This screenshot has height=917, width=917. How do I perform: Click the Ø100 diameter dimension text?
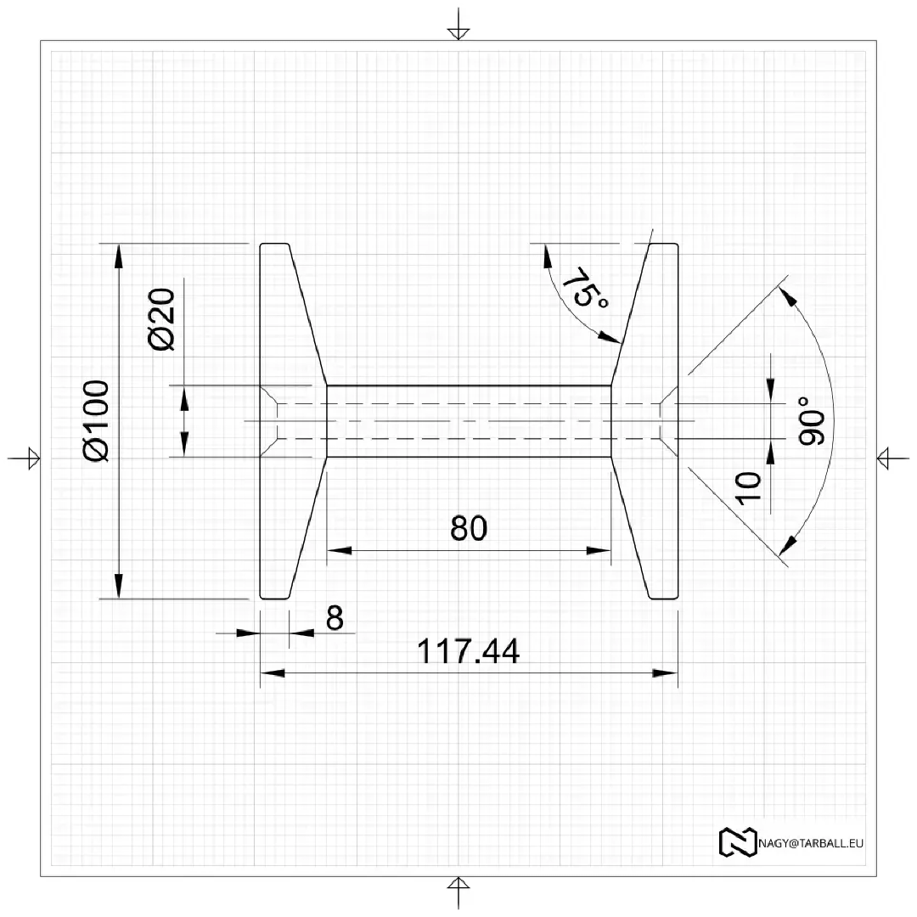click(97, 420)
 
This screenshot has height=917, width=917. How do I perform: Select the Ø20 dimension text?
click(161, 319)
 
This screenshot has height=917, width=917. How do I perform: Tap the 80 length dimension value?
click(469, 528)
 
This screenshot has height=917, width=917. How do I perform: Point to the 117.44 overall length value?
click(468, 652)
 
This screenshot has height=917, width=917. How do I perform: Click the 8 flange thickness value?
click(335, 619)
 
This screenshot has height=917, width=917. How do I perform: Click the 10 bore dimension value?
click(749, 488)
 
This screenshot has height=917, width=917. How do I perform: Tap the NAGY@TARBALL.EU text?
click(811, 843)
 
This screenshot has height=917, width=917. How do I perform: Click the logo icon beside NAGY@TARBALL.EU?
click(737, 841)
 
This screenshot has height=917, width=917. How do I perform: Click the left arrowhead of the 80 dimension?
click(339, 550)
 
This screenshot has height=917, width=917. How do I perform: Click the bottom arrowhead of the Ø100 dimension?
click(118, 587)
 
